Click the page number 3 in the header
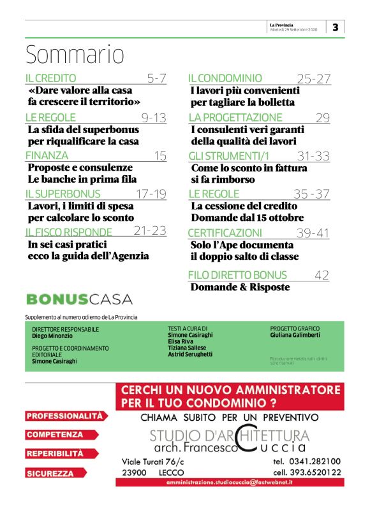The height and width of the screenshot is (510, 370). (336, 27)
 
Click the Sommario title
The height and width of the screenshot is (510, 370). (75, 55)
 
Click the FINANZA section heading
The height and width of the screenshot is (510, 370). (47, 155)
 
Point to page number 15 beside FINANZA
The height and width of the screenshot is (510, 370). (160, 155)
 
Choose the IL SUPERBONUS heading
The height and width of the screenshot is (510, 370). (63, 194)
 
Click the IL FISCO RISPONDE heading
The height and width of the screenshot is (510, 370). (69, 232)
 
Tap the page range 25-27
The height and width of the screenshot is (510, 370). (314, 79)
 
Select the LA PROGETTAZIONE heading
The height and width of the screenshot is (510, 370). (235, 118)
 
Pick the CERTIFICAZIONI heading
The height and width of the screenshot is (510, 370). (225, 233)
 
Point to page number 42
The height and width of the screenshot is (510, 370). (322, 275)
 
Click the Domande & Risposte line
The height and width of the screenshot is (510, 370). (240, 287)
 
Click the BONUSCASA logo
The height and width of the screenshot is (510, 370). (79, 299)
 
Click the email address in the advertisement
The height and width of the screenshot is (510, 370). (229, 484)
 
